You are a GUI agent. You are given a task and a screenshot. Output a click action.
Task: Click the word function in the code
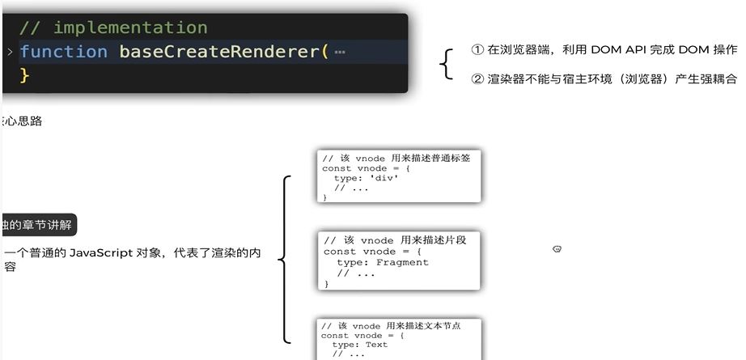[63, 52]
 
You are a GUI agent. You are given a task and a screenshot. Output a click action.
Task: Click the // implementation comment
[113, 28]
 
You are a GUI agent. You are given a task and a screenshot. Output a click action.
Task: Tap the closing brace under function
[25, 74]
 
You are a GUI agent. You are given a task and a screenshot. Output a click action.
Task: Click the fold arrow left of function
[10, 52]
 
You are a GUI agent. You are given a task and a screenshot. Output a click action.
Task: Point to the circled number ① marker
[477, 50]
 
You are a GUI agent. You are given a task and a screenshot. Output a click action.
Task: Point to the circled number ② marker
[477, 79]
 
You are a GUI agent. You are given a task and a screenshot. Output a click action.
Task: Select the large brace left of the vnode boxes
[283, 259]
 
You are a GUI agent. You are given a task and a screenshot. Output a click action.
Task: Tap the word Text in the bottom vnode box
[376, 345]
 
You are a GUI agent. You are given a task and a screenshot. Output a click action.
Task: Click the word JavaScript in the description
[101, 253]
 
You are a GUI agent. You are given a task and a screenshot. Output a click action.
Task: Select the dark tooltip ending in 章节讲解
[39, 225]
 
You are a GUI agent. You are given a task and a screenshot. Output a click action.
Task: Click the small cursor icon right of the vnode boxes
[557, 248]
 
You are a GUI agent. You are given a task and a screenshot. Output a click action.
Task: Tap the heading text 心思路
[23, 121]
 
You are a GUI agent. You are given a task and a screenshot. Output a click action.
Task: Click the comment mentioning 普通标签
[396, 159]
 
